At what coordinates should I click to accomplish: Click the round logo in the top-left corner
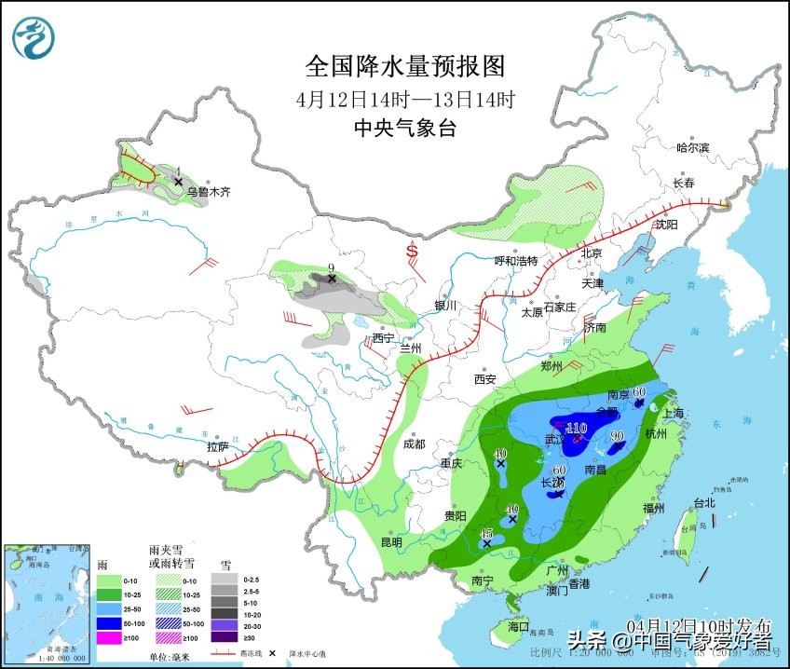click(34, 37)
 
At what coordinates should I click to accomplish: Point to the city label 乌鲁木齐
click(208, 192)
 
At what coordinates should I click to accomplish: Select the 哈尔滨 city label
click(692, 147)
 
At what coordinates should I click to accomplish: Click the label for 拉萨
click(217, 447)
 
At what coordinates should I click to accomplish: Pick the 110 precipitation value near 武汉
click(576, 428)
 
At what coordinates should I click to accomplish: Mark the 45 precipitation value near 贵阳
click(486, 533)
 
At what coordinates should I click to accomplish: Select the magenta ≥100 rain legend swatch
click(110, 637)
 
